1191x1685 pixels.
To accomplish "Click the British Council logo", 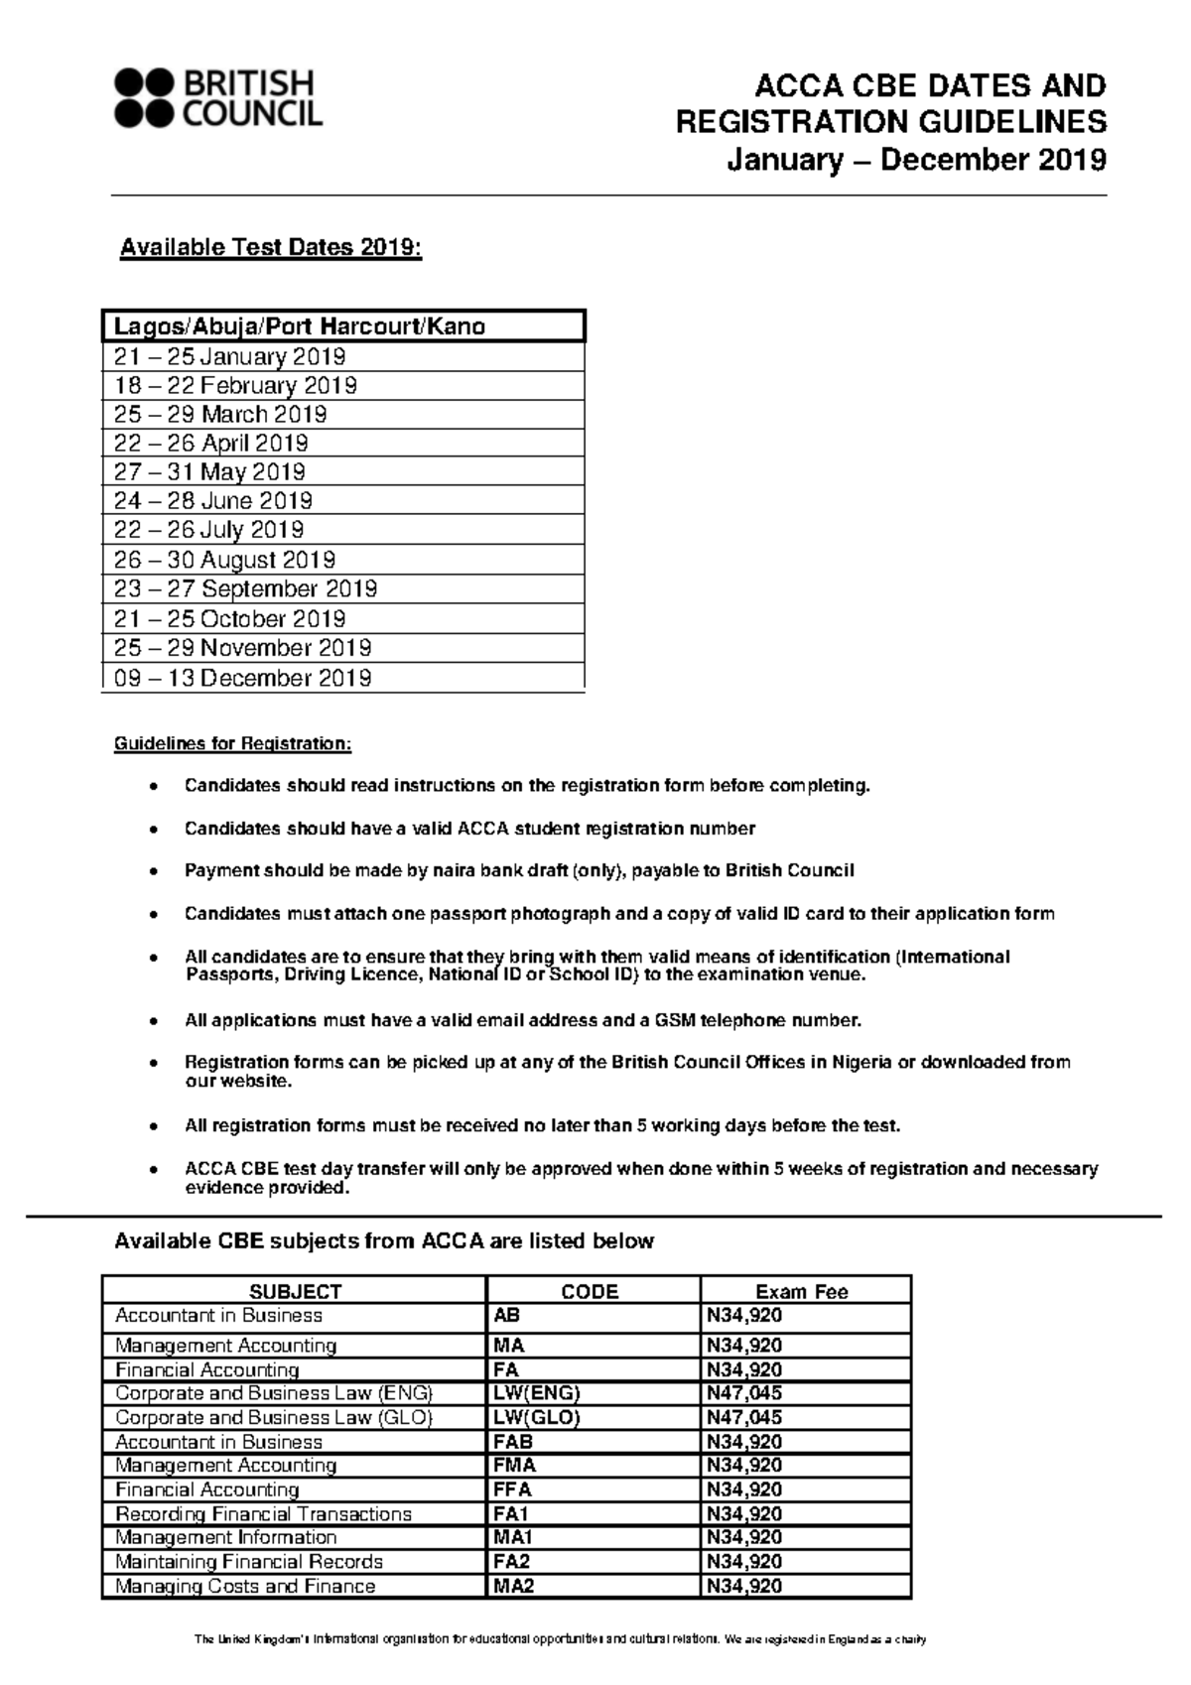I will [218, 98].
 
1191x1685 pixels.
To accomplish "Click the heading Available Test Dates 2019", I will [271, 248].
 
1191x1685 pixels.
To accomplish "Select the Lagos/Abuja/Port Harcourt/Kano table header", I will [299, 326].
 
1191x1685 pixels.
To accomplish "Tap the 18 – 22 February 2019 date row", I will [235, 385].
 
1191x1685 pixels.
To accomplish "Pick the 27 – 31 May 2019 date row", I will [209, 471].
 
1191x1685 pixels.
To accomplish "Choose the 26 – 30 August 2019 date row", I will [224, 560].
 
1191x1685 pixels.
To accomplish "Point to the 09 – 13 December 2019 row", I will [242, 678].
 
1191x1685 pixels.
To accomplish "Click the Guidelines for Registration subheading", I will [232, 743].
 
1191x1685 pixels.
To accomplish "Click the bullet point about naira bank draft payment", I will [518, 870].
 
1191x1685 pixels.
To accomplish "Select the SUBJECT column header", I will [295, 1291].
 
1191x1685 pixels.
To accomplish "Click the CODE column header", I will [590, 1291].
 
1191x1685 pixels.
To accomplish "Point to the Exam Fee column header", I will [802, 1291].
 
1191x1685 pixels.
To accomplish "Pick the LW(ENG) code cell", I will [536, 1393].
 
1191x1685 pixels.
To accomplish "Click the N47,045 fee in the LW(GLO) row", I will [743, 1417].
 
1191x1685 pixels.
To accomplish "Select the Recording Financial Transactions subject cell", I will [263, 1513].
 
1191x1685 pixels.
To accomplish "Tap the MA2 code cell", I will [513, 1586].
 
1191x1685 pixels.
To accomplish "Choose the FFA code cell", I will [512, 1490].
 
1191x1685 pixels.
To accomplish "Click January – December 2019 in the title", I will [916, 159].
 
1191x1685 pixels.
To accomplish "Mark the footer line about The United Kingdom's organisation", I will [560, 1640].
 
